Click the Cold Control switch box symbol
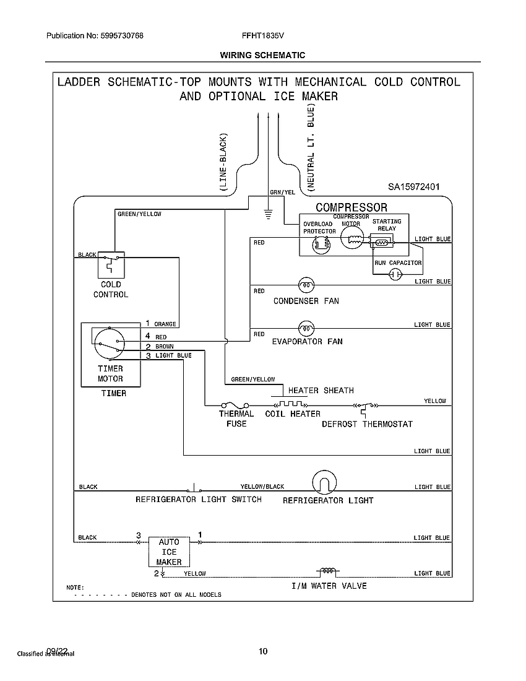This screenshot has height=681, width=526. [x=111, y=264]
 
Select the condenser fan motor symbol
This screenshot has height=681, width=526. [x=306, y=285]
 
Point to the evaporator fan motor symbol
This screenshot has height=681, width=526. [x=306, y=327]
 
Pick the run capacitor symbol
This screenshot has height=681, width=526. [x=395, y=277]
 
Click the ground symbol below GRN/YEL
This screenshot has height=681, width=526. [x=268, y=214]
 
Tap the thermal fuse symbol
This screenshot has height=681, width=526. [x=236, y=405]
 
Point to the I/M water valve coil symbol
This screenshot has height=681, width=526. [x=327, y=571]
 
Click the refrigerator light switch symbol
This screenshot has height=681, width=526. [x=195, y=486]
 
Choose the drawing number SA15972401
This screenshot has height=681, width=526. [x=413, y=186]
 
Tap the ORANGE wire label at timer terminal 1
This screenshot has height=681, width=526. [x=165, y=324]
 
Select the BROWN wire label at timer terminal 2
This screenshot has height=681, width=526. [x=164, y=346]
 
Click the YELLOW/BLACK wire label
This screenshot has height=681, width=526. [x=262, y=487]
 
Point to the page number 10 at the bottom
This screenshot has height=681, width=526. [x=264, y=651]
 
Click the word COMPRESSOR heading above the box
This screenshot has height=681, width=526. [x=351, y=207]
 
